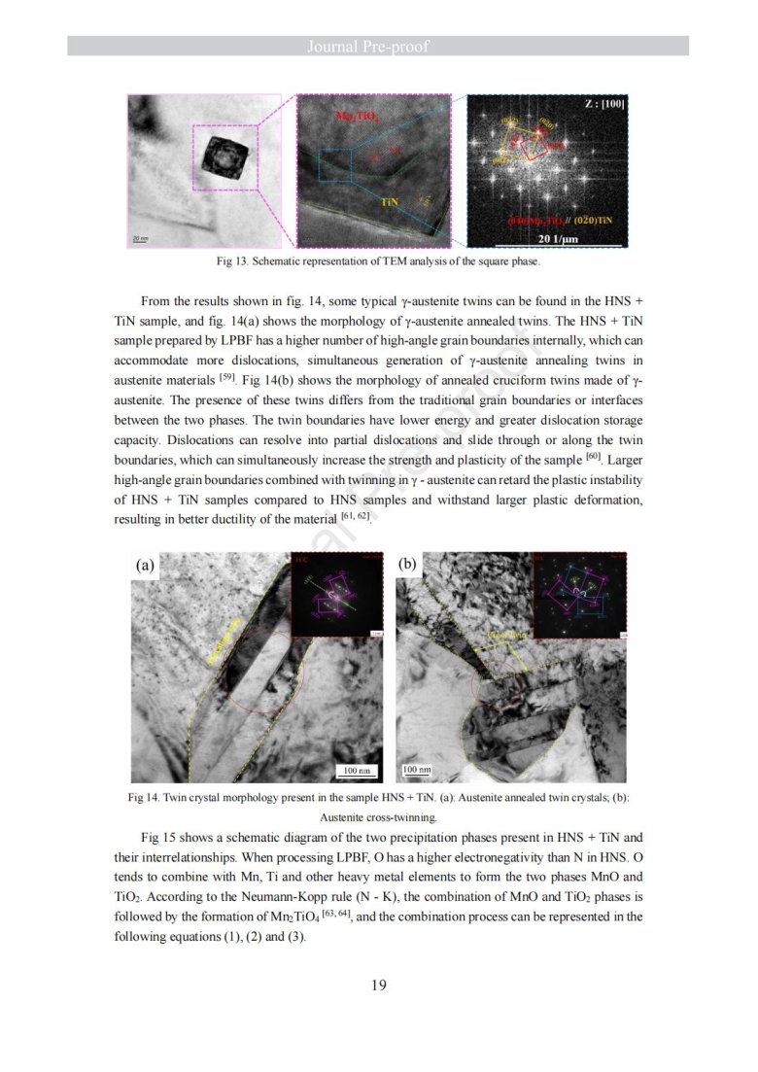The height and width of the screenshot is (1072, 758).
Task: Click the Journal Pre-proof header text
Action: pyautogui.click(x=379, y=46)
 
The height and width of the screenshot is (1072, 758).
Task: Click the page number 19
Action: pyautogui.click(x=379, y=986)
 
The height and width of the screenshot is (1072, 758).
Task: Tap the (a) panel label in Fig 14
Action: pyautogui.click(x=146, y=565)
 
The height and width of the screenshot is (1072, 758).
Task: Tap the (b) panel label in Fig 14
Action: pyautogui.click(x=408, y=565)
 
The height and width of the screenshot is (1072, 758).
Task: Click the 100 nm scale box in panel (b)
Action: pyautogui.click(x=418, y=770)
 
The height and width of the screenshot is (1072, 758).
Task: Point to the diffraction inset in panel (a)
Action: pyautogui.click(x=338, y=595)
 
